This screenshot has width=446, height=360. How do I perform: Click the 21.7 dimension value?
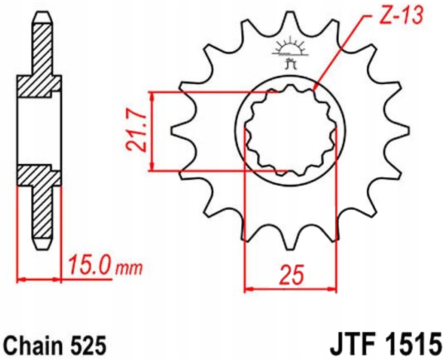135,132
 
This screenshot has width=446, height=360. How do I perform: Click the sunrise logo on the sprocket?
290,52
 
